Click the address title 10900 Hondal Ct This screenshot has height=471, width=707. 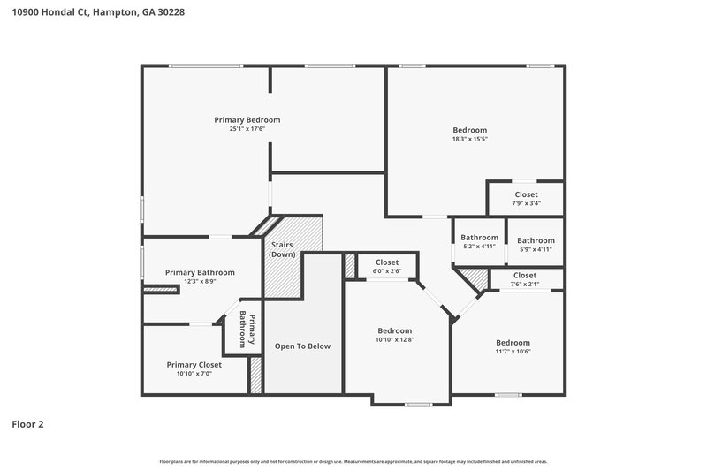(x=98, y=13)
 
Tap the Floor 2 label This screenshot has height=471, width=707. (x=27, y=424)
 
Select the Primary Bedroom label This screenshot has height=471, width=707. (x=247, y=119)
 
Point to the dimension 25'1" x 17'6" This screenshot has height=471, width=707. (x=247, y=129)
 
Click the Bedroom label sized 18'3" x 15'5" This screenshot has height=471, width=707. (x=469, y=130)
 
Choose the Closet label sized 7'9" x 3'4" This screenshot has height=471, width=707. (x=526, y=194)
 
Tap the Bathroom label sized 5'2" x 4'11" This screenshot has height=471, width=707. (x=479, y=238)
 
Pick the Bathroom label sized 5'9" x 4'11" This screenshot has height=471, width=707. (x=536, y=240)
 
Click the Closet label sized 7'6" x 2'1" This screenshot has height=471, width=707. (x=525, y=276)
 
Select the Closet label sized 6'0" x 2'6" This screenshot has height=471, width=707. (x=387, y=262)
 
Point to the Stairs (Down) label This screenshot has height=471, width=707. (x=283, y=249)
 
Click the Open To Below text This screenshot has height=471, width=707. (x=302, y=346)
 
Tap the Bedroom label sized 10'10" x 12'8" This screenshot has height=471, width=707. (x=394, y=330)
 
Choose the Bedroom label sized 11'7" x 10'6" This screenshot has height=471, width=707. (x=513, y=343)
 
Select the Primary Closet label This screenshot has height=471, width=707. (x=194, y=364)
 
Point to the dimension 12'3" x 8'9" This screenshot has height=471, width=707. (x=200, y=282)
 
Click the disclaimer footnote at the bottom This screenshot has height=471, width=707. (x=353, y=461)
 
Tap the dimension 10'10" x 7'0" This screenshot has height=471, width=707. (x=194, y=374)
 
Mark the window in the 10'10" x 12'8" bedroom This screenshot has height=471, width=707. (x=417, y=405)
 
